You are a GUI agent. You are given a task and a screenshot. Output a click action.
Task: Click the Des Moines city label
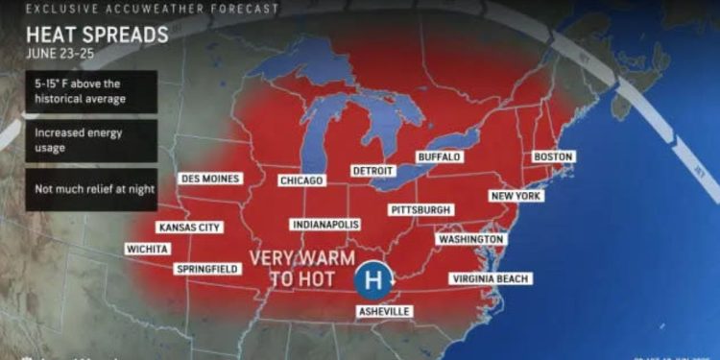tap(210, 179)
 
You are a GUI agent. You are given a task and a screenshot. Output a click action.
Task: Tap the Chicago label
tap(301, 180)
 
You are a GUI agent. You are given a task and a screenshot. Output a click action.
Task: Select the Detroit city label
tap(372, 171)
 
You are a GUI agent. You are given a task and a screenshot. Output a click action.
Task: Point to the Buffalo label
tap(439, 156)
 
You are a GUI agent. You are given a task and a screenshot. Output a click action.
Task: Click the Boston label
tap(553, 156)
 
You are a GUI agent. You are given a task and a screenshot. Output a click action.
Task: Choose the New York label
tap(516, 196)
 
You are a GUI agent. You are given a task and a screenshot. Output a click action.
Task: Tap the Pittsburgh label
tap(421, 209)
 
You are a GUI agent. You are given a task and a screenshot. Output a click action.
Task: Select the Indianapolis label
tap(325, 225)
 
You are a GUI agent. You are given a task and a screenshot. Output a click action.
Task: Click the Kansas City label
tap(190, 228)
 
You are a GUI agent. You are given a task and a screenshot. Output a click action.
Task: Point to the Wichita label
tap(147, 249)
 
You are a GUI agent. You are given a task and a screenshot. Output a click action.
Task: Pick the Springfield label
tap(207, 269)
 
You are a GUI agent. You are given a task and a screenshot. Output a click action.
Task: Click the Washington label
tap(470, 239)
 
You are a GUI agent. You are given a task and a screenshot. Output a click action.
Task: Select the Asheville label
tap(384, 311)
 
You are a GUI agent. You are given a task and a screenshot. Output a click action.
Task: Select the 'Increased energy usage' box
tap(91, 140)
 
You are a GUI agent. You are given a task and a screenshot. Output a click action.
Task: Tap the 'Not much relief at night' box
tap(91, 189)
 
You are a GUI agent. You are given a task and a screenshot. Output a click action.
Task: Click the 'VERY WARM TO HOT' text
tap(294, 269)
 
